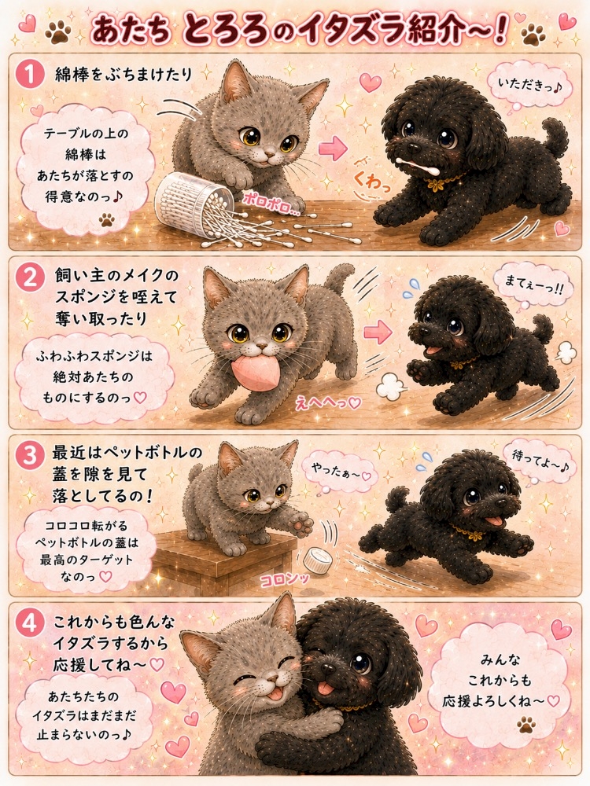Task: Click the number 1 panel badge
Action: pyautogui.click(x=31, y=75)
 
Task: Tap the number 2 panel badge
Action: pyautogui.click(x=31, y=277)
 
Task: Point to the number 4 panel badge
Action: pyautogui.click(x=31, y=624)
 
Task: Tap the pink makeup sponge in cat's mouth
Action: pyautogui.click(x=254, y=372)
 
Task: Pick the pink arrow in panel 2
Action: pyautogui.click(x=378, y=332)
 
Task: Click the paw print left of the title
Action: pyautogui.click(x=57, y=32)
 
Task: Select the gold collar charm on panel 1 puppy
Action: pyautogui.click(x=433, y=185)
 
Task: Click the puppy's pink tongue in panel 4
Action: pyautogui.click(x=326, y=688)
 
